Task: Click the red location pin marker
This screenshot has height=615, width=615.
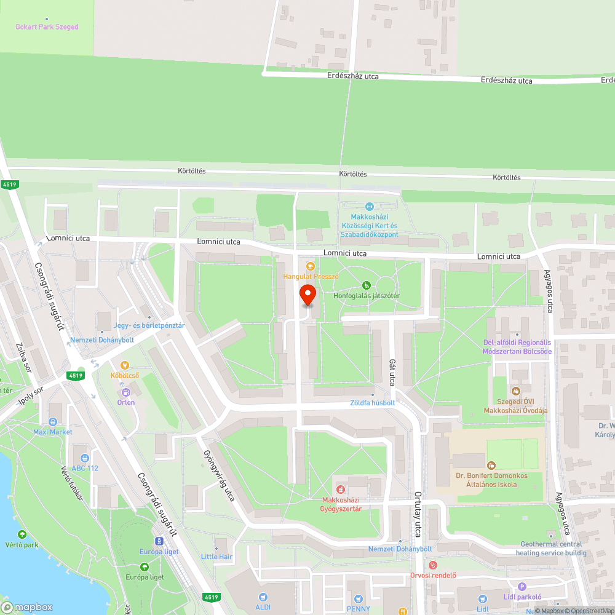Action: [x=307, y=295]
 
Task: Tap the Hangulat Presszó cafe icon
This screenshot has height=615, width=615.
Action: [x=311, y=266]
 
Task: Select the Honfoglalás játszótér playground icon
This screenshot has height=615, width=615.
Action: [x=367, y=285]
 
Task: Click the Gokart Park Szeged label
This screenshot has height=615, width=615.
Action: [x=47, y=27]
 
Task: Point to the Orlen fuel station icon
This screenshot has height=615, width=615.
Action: [x=125, y=392]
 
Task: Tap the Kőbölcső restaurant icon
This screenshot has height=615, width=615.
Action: [x=125, y=365]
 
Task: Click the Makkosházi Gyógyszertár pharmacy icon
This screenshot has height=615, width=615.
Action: [x=340, y=489]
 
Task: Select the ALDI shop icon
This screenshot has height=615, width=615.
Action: [x=263, y=597]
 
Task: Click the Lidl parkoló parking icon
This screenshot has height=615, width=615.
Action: [x=522, y=587]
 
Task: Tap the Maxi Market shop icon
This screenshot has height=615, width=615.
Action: [x=52, y=422]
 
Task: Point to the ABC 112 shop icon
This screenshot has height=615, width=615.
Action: [x=84, y=458]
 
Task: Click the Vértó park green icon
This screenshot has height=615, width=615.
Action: [x=22, y=535]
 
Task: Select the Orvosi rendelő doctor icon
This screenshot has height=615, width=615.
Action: [x=433, y=565]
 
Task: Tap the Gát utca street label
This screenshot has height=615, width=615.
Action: [x=391, y=373]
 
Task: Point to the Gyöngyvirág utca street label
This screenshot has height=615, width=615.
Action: [x=219, y=474]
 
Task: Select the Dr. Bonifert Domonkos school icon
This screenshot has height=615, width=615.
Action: [x=491, y=466]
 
